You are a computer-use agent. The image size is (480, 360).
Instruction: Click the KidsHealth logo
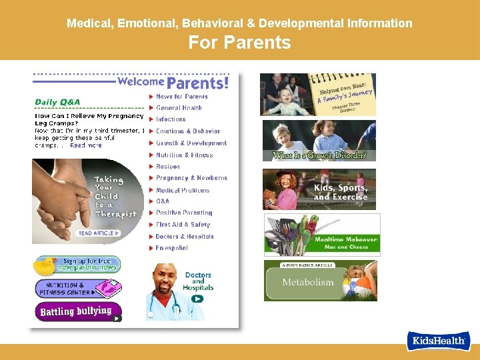[439, 340]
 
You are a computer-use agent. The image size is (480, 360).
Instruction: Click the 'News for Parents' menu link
[181, 97]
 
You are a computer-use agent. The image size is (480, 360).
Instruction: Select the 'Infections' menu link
[171, 119]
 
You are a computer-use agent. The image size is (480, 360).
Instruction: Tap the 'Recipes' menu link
[168, 167]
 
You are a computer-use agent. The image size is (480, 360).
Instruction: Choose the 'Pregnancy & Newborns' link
[191, 178]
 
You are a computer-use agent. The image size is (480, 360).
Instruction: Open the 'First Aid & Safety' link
[183, 225]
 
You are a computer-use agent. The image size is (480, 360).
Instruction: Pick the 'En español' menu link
[172, 248]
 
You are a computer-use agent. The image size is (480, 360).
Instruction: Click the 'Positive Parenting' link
[184, 213]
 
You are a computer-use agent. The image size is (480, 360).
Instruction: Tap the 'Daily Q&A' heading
[57, 102]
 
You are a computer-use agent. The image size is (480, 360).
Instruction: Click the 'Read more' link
[86, 145]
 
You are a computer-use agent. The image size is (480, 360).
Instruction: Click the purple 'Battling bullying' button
[77, 311]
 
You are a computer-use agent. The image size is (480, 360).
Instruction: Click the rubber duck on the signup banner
[45, 265]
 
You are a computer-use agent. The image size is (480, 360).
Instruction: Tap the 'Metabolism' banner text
[307, 282]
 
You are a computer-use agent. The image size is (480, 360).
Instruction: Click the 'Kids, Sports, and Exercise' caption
[340, 193]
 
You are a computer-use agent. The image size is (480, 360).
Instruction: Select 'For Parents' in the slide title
[239, 43]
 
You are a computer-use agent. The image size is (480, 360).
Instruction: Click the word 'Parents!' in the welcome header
[197, 83]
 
